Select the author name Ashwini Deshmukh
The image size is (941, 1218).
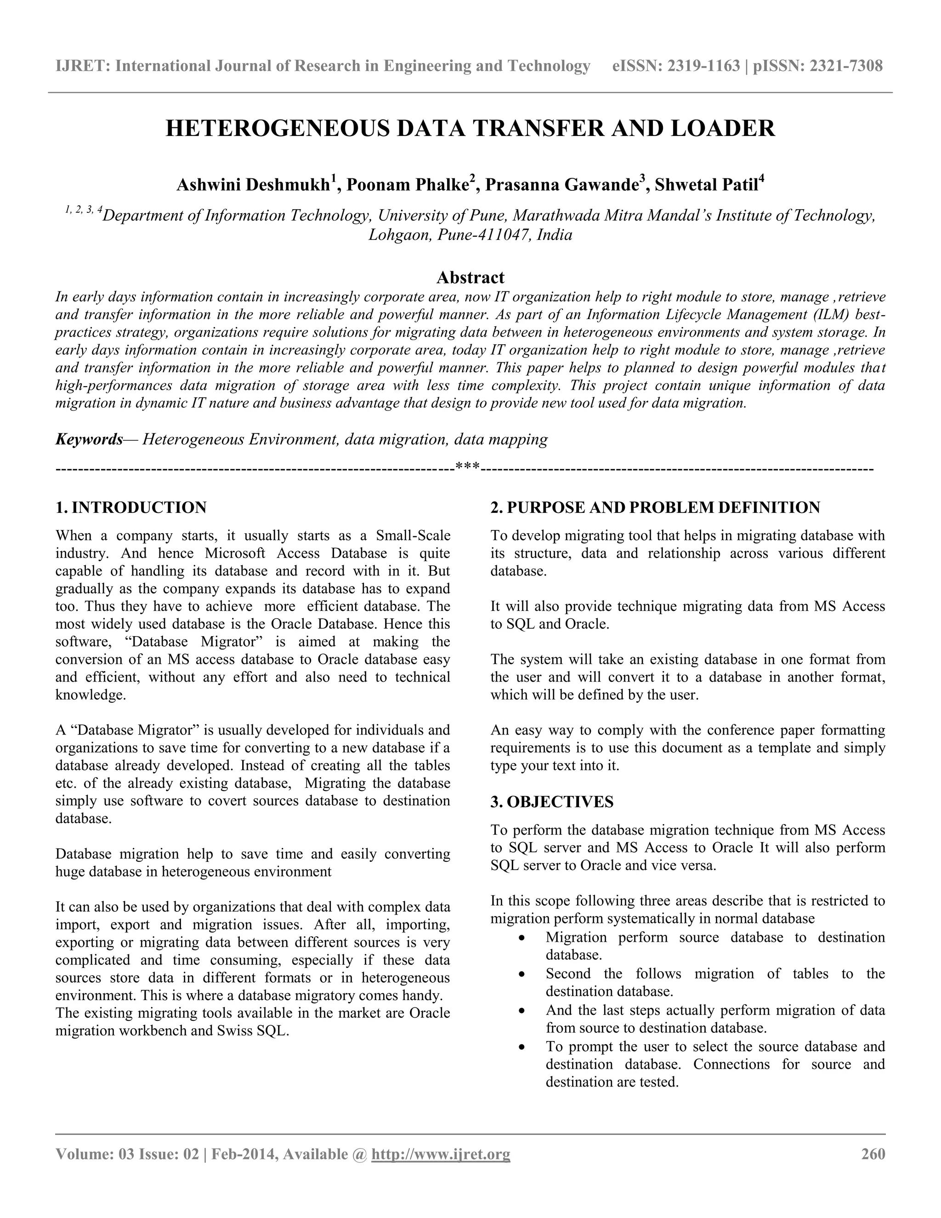click(254, 185)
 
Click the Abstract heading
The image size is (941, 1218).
click(470, 277)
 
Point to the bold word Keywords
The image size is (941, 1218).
click(89, 439)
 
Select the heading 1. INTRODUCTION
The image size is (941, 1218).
click(131, 507)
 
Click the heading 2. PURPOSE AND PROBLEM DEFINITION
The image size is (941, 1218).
click(655, 507)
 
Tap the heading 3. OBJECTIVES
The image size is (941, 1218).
click(552, 802)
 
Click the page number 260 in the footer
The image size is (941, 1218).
click(873, 1154)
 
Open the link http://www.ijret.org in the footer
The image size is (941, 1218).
click(440, 1154)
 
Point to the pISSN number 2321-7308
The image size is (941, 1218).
click(846, 66)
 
